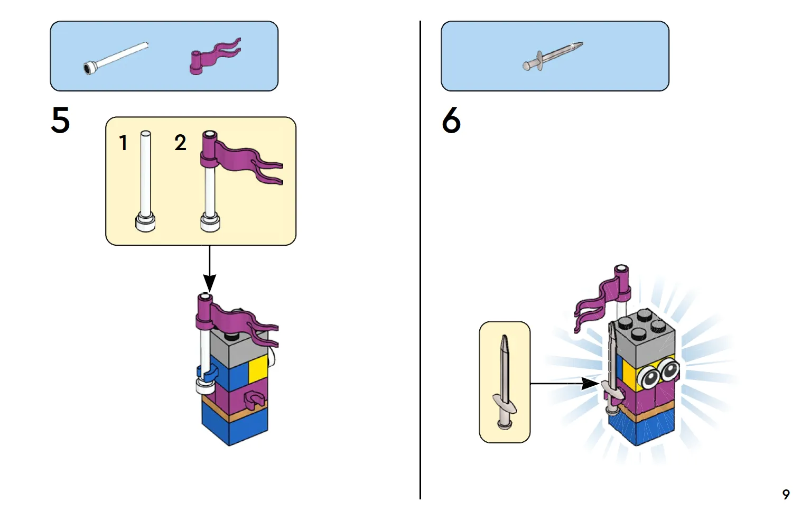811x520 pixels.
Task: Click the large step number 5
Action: [60, 120]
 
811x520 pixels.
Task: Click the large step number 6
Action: [451, 120]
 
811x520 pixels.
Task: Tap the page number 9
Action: [786, 495]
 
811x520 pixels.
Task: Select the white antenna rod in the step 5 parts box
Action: [116, 58]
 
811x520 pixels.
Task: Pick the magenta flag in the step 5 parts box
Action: [215, 57]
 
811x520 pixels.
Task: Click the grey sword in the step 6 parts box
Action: [553, 56]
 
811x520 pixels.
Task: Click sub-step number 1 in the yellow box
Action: [123, 143]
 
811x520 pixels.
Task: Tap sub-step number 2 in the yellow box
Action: [180, 143]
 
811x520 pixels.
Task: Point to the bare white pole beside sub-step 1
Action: [145, 181]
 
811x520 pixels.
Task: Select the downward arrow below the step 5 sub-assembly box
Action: [209, 268]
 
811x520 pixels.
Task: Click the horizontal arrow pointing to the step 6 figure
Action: [564, 383]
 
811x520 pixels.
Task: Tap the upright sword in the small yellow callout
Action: [505, 382]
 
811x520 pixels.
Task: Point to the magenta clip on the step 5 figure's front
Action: [255, 399]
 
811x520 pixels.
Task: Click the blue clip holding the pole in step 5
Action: [207, 373]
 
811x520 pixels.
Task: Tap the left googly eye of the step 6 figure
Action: [649, 378]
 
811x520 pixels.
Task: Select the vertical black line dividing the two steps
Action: [420, 260]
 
